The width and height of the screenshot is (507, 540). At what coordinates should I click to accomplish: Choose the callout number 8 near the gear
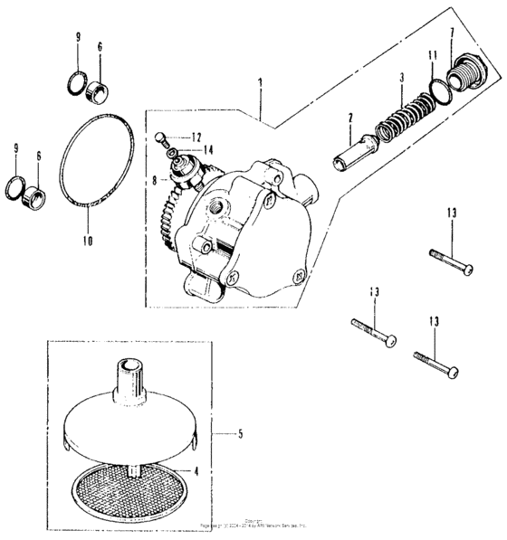coord(154,181)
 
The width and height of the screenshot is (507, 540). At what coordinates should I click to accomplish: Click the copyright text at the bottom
coord(254,524)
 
